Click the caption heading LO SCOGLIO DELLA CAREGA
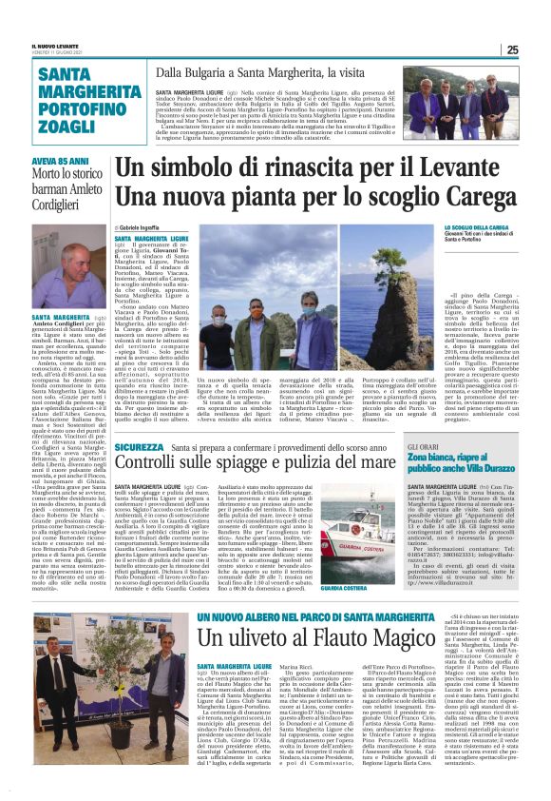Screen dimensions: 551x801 (x=455, y=228)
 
